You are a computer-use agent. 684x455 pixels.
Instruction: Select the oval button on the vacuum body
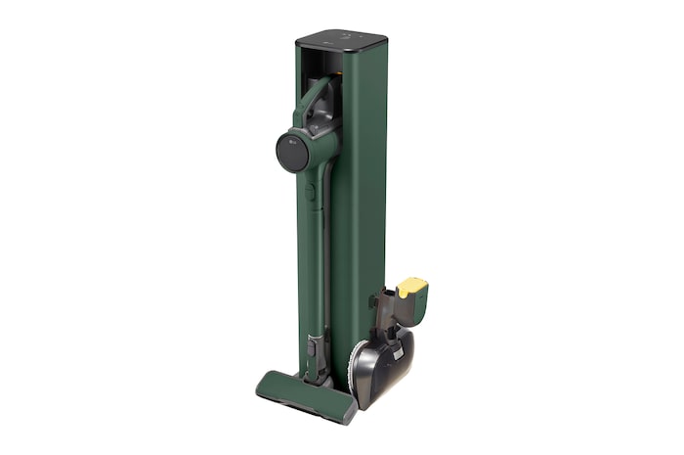coord(308,193)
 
